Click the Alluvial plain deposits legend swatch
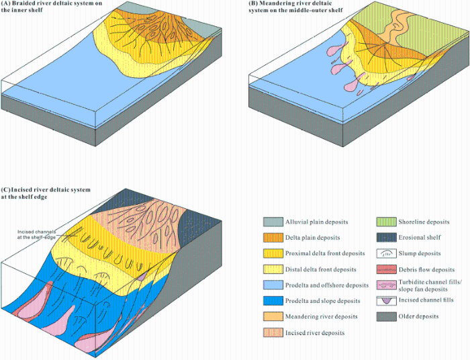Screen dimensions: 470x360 tap(273, 222)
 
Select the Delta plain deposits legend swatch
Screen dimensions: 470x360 tap(273, 238)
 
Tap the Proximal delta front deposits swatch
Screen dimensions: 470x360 tap(273, 253)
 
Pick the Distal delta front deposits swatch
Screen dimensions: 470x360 tap(273, 269)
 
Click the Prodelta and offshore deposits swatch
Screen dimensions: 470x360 tap(273, 285)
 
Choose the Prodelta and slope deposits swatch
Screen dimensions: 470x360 tap(273, 301)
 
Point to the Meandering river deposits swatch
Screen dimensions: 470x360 tap(273, 316)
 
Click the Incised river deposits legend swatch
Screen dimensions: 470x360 tap(273, 332)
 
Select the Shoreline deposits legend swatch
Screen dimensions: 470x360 tap(386, 222)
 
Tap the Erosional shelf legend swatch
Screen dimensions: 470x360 tap(386, 237)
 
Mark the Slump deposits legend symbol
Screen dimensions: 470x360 tap(386, 253)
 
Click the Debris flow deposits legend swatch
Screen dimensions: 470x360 tap(386, 269)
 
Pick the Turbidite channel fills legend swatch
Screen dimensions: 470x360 tap(386, 285)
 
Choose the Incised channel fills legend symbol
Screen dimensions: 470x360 tap(386, 301)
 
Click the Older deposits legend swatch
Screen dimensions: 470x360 tap(386, 316)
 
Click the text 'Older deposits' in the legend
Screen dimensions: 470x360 tap(418, 316)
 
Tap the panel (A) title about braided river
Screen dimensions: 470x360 tap(52, 7)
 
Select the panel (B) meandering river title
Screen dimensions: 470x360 tap(295, 7)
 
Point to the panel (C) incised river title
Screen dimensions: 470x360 tap(46, 193)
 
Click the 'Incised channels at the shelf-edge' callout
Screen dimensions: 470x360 tap(36, 234)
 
